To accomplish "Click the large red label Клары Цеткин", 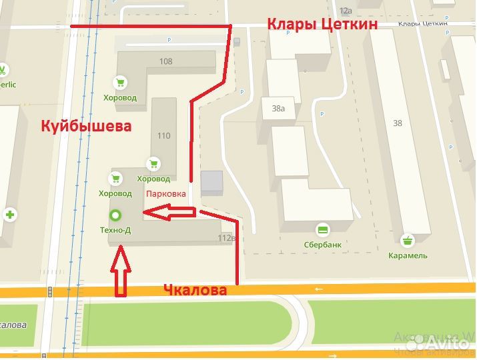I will (322, 25).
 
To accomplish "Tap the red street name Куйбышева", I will (86, 125).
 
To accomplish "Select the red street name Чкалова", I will (195, 290).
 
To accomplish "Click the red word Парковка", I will (165, 193).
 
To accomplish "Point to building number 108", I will (165, 61).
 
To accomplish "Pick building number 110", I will (163, 135).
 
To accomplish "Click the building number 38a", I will (278, 108).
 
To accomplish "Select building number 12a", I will (345, 11).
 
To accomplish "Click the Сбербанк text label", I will (322, 245).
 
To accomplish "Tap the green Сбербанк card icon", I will (323, 230).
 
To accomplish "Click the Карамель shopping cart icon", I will (408, 240).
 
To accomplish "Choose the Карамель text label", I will (408, 255).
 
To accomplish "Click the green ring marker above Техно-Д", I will (115, 215).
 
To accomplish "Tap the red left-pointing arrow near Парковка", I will (170, 213).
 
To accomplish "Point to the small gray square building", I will (211, 183).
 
